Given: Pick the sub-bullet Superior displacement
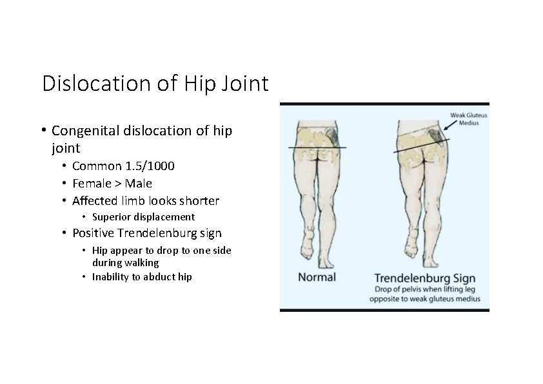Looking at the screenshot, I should [x=143, y=217].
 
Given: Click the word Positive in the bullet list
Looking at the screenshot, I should [x=96, y=233].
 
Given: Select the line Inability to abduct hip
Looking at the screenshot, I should [x=142, y=277].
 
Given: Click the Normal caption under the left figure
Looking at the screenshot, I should [x=317, y=278].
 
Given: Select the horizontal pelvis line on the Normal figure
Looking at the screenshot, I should [x=317, y=148].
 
